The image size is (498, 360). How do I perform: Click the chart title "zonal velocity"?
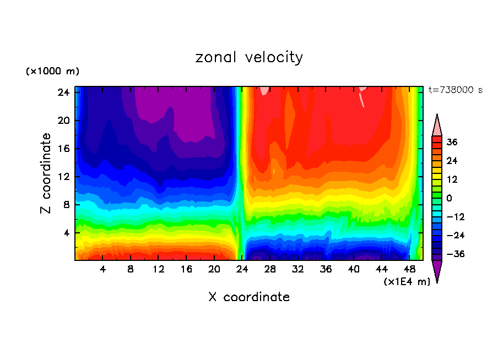click(249, 57)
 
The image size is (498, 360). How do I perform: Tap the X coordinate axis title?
click(249, 297)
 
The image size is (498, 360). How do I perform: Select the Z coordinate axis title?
click(46, 173)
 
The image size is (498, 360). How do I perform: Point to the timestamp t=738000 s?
click(455, 90)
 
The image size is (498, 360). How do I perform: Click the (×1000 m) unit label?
click(52, 72)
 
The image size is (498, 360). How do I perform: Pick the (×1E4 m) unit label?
click(407, 282)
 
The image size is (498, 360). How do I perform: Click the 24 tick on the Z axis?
click(62, 92)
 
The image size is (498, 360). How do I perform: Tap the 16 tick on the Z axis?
click(62, 149)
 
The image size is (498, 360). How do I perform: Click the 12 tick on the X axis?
click(158, 270)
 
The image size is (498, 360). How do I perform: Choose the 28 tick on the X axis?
click(270, 270)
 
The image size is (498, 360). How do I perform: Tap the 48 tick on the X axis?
click(409, 270)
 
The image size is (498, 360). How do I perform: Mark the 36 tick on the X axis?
click(326, 270)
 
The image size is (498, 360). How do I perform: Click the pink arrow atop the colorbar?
click(437, 125)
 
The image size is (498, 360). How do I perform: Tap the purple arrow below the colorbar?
click(437, 271)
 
